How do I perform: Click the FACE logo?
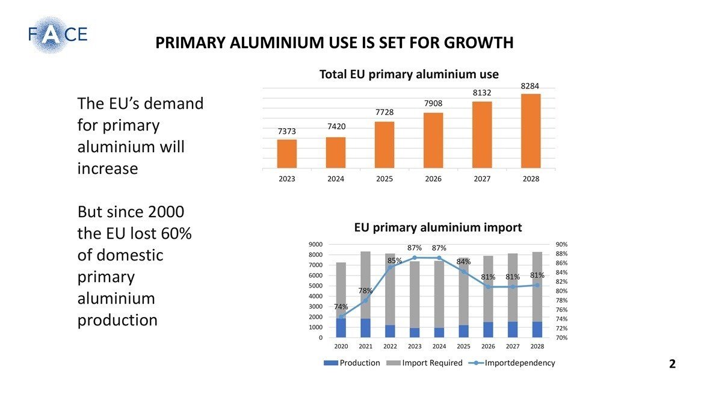pos(57,34)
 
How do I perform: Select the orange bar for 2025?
pos(384,145)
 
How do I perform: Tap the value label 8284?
pos(530,87)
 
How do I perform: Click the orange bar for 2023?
pos(287,154)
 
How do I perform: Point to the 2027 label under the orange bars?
pos(481,179)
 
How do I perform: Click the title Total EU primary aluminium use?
pos(409,75)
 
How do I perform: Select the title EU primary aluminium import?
pos(437,227)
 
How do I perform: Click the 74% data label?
pos(341,307)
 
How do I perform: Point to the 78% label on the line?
pos(365,291)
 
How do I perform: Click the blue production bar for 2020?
pos(341,328)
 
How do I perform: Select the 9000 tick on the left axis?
pos(316,244)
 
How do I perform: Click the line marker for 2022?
pos(390,268)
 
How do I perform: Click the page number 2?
pos(672,364)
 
